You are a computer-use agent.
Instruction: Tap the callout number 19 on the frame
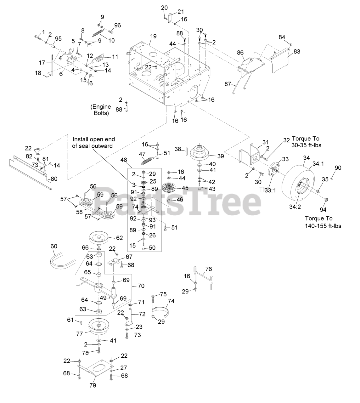[x=153, y=36]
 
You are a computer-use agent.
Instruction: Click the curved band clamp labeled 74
[x=162, y=310]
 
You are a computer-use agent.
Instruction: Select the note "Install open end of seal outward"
[x=94, y=142]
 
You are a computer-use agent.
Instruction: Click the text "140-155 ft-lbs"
[x=323, y=226]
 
